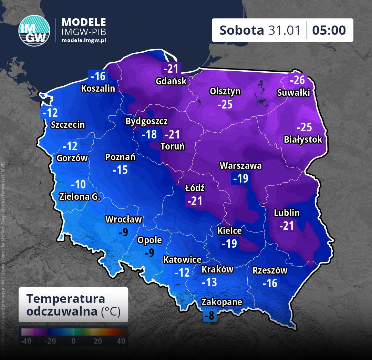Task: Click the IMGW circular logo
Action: coord(34,30)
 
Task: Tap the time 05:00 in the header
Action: coord(329,30)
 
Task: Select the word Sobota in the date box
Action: coord(241,30)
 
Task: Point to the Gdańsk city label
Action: coord(171,81)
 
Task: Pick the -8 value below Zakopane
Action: coord(209,315)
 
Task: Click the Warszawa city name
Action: coord(241,166)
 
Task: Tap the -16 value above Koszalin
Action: coord(98,76)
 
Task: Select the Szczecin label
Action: coord(68,124)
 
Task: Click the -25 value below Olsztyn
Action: coord(225,104)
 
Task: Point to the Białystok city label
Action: coord(303,140)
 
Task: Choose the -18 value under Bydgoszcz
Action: coord(149,134)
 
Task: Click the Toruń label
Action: coord(173,146)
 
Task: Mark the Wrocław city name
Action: coord(123,219)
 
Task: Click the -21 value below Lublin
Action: coord(287,226)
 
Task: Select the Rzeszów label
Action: coord(270,270)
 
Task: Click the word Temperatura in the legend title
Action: coord(65,298)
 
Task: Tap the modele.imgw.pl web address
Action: coord(84,40)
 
